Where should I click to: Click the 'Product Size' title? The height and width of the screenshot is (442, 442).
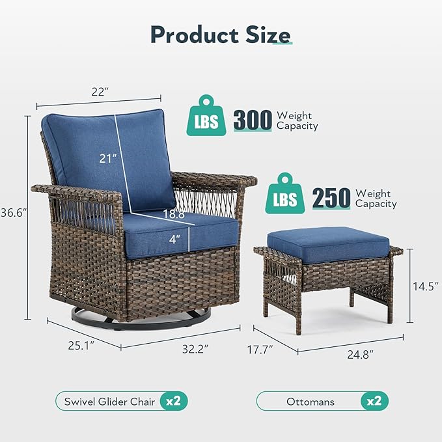[221, 35]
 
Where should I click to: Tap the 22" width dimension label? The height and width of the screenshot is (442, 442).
[98, 92]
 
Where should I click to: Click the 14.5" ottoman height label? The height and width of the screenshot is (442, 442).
[427, 286]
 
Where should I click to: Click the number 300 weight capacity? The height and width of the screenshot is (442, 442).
[253, 120]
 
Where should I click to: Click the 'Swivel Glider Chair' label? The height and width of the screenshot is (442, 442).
[109, 401]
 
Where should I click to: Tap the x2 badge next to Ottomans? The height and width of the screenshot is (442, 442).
[374, 401]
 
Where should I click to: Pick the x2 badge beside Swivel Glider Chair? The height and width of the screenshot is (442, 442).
[173, 401]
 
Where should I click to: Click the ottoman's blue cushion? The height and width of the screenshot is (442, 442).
[328, 243]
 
